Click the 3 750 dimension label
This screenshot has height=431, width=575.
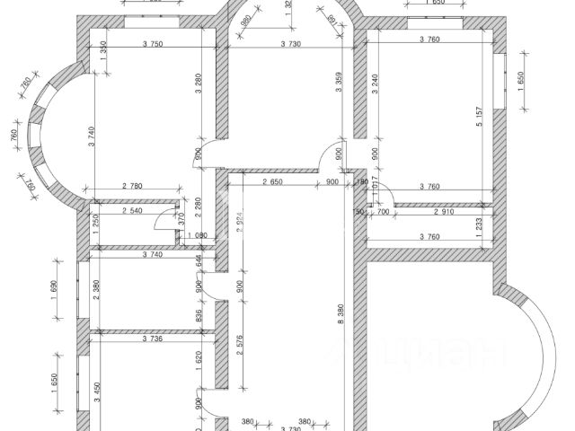pos(156,44)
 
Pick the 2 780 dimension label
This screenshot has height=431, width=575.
pos(130,186)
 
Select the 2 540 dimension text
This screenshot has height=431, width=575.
pos(133,212)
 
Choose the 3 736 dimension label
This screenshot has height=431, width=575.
pos(156,339)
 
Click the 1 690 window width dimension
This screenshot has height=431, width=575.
pos(54,289)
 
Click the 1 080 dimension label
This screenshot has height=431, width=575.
pos(195,236)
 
